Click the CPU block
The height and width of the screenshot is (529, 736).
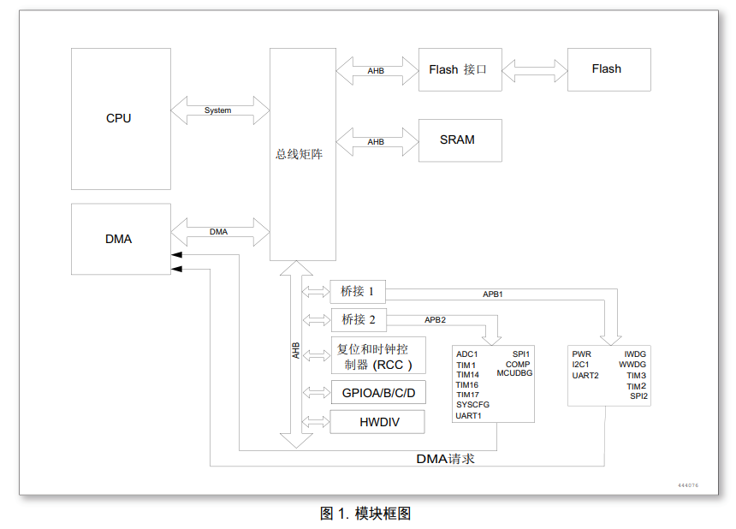120,118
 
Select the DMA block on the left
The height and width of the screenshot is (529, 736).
120,239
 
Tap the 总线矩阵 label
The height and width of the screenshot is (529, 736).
299,154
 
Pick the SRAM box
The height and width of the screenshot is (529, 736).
460,140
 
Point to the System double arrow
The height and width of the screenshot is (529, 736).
219,110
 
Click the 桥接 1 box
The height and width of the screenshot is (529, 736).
358,291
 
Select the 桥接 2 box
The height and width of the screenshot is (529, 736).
358,319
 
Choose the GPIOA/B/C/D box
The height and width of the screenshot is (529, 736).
377,394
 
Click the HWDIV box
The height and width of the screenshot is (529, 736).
377,421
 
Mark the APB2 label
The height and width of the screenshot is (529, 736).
435,320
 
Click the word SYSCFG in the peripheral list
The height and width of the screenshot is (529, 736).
472,405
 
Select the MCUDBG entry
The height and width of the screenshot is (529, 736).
513,374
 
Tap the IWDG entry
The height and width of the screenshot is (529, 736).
635,354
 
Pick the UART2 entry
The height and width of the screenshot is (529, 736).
585,375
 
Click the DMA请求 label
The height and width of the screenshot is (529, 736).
445,459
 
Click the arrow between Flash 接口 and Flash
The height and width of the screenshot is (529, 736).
535,69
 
